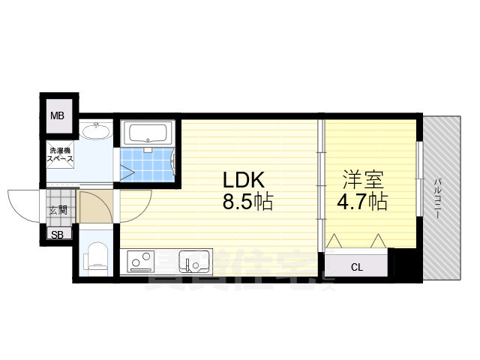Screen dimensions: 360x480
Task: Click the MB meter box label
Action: [x=57, y=115]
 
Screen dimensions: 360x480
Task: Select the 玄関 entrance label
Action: [x=58, y=210]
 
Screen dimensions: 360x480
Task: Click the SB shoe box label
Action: [x=57, y=235]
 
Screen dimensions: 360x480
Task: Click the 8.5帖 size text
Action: [x=246, y=202]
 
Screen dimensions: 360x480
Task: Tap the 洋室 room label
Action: [x=363, y=181]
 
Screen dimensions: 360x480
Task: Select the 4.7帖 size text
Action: [x=363, y=202]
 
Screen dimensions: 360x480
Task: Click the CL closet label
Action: [x=356, y=266]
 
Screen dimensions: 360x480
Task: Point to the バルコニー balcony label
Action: [x=437, y=196]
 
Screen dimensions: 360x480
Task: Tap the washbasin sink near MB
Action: [x=96, y=133]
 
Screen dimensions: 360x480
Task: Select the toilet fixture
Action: [x=96, y=257]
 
